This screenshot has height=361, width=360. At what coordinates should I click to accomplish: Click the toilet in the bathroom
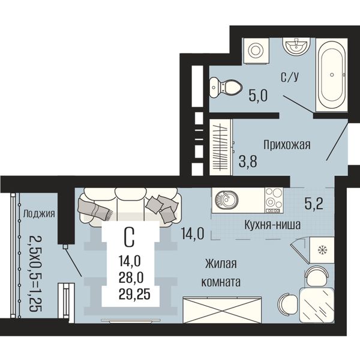point(226,87)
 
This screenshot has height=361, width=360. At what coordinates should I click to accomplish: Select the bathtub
point(332,75)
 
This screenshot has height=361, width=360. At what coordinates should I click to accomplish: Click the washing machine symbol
point(256,50)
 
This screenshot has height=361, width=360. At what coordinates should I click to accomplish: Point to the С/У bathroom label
point(290,77)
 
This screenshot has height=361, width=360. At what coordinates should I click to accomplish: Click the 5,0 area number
point(258,96)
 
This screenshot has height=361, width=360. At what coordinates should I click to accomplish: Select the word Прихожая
point(287,145)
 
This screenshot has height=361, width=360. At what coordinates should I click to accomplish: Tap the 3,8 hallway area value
point(248,161)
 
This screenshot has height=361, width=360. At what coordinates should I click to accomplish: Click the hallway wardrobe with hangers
point(221,147)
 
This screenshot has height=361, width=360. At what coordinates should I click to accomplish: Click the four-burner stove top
point(274,200)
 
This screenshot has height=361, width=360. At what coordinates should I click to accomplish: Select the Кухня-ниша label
point(272,225)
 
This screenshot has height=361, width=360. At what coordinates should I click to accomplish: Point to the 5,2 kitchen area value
point(314,204)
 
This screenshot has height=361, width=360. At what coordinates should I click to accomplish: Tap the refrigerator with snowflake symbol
point(321,250)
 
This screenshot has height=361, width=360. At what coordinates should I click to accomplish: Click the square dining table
point(317,305)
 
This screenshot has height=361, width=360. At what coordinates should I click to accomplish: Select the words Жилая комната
point(221,273)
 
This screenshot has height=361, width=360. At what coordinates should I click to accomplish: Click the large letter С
point(129,237)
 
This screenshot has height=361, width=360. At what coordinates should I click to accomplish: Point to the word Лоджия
point(39,214)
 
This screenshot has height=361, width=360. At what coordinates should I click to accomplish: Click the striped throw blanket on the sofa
point(93,208)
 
